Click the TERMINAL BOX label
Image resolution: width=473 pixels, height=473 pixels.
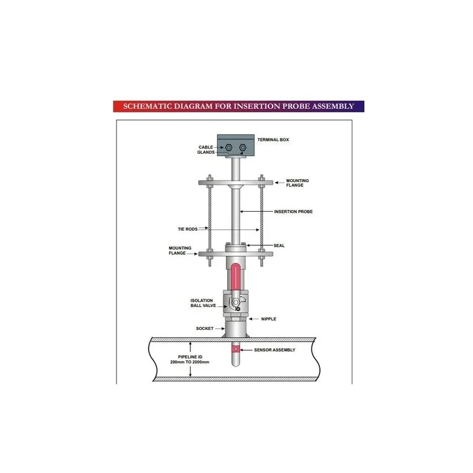coord(273,140)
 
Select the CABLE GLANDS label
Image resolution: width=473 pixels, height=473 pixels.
coord(206,149)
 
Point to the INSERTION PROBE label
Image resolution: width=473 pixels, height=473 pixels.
coord(293,212)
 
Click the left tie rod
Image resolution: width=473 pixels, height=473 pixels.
coord(210,219)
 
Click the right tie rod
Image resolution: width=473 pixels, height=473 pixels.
coord(260,219)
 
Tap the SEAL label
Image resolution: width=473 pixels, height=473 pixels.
coord(279,245)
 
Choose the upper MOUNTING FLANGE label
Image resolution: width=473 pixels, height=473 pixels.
coord(297,183)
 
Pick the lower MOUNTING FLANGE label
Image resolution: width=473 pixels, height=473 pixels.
coord(178,250)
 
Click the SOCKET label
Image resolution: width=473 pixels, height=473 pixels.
coord(205,328)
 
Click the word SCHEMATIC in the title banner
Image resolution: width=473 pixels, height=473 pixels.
coord(145,106)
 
